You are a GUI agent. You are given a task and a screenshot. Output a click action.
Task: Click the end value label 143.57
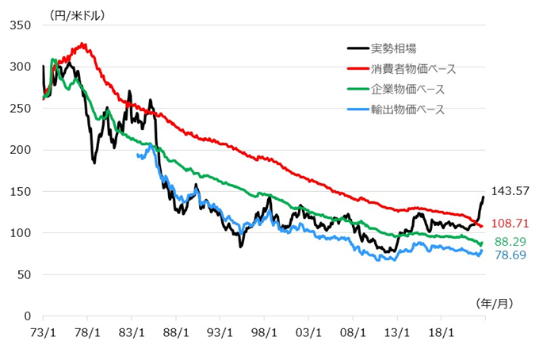(x=510, y=191)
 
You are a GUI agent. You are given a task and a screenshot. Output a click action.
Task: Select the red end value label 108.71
(x=510, y=225)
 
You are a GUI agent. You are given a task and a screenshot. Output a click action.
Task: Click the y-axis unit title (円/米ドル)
(x=76, y=14)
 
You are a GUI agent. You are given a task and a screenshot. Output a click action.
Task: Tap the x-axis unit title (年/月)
(x=495, y=304)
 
